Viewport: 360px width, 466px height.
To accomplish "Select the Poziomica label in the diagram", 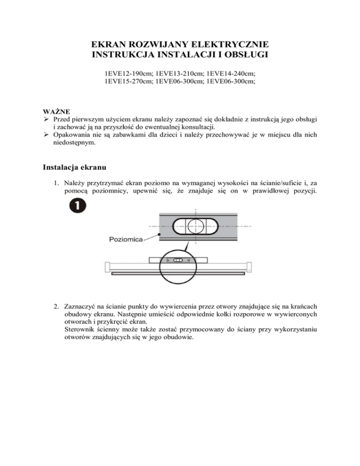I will (125, 239).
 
